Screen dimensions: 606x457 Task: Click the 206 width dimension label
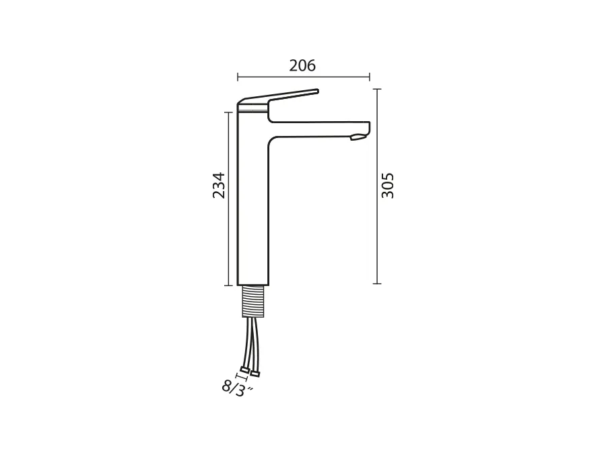[x=302, y=66]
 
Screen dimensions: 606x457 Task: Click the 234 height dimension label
[x=219, y=186]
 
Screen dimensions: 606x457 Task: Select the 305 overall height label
[x=388, y=186]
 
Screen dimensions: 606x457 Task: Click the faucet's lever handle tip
[x=317, y=91]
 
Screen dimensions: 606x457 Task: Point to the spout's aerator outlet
[x=358, y=137]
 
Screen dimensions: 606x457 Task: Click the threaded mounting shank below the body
[x=253, y=302]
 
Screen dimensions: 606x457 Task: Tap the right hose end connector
[x=255, y=373]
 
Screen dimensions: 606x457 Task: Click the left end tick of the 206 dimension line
[x=238, y=77]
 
